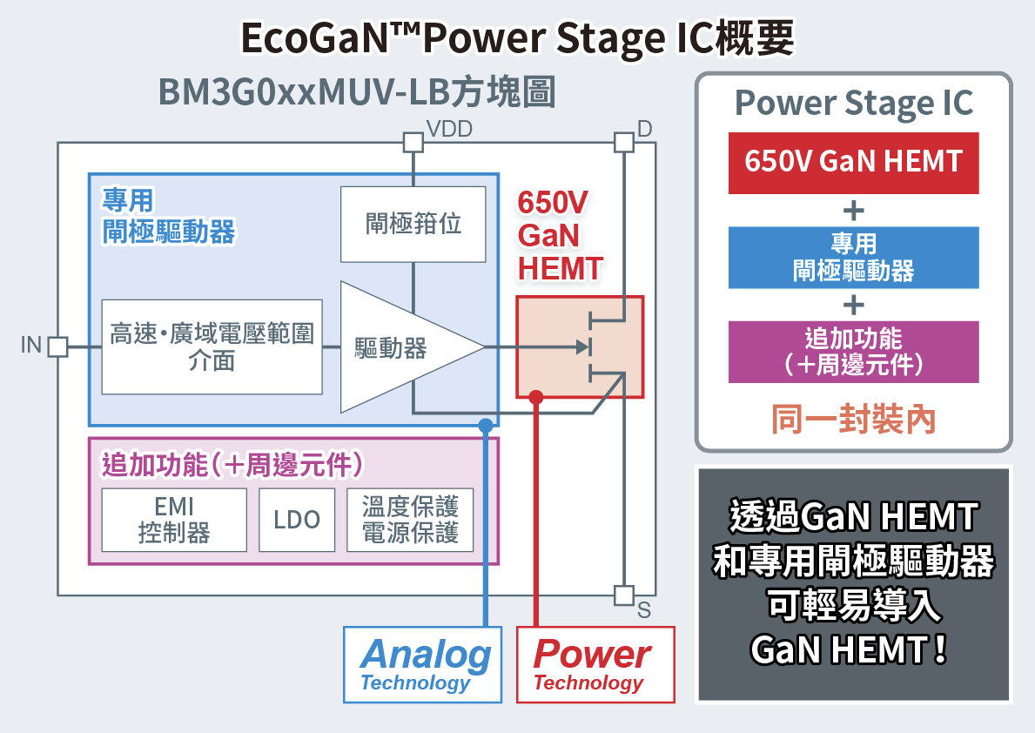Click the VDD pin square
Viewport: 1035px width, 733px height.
413,142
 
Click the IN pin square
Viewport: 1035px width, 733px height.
57,346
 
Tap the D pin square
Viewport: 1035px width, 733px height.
623,142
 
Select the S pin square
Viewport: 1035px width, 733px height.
623,595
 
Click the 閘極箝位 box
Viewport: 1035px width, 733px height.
413,224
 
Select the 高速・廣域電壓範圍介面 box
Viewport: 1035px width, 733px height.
212,346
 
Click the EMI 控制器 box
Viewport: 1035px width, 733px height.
174,520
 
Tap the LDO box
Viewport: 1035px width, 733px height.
297,520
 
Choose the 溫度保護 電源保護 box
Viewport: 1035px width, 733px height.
410,520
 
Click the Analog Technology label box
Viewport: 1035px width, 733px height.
423,664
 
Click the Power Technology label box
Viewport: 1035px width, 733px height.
595,664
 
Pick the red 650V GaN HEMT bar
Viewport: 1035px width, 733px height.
853,162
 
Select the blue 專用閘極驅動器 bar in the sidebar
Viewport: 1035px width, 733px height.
853,258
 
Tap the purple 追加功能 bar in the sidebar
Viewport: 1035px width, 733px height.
853,352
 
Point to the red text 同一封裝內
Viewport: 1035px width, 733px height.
853,420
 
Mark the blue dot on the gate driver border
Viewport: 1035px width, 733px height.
485,425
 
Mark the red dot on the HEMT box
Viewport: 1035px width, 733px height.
536,398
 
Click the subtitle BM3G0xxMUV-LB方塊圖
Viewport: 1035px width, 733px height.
356,92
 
